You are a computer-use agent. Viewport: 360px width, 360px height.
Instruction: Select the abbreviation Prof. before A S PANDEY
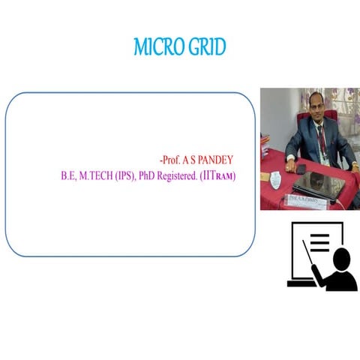[172, 160]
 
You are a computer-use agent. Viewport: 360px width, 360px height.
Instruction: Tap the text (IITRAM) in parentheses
[217, 178]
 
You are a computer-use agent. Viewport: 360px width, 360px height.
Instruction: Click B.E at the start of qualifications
[69, 178]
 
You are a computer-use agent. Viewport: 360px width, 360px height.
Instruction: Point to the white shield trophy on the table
[275, 179]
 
